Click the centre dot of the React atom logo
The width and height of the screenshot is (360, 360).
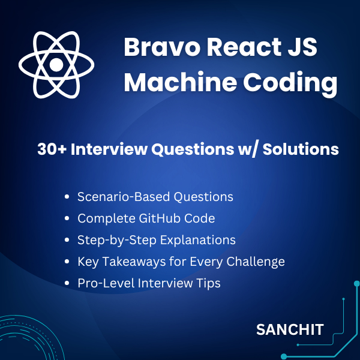(x=56, y=65)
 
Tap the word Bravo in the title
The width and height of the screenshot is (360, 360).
(x=161, y=47)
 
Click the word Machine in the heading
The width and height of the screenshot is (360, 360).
(x=181, y=82)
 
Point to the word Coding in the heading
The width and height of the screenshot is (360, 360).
(x=290, y=84)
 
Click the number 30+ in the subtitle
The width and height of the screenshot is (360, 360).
(x=52, y=149)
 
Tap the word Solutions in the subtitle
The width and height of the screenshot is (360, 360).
(x=301, y=149)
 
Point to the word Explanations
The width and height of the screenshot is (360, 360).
(x=197, y=241)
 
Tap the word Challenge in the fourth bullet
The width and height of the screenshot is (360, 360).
(x=256, y=262)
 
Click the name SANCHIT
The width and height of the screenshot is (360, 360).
(x=290, y=329)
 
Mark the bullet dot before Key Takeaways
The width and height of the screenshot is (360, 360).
(x=67, y=262)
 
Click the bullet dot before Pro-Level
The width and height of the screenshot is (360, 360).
(x=67, y=283)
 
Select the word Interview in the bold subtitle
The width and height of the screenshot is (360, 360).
(x=109, y=149)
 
